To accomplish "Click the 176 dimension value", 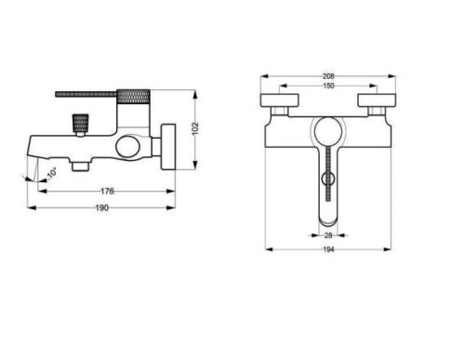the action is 107,191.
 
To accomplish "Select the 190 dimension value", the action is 102,207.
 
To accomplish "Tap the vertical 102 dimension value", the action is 195,128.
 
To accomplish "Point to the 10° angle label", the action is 52,173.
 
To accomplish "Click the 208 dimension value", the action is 328,76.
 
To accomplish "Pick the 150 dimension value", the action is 328,86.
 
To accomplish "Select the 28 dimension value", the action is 328,235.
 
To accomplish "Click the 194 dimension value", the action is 328,249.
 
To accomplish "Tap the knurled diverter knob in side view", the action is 81,124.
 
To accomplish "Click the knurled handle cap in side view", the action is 133,97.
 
